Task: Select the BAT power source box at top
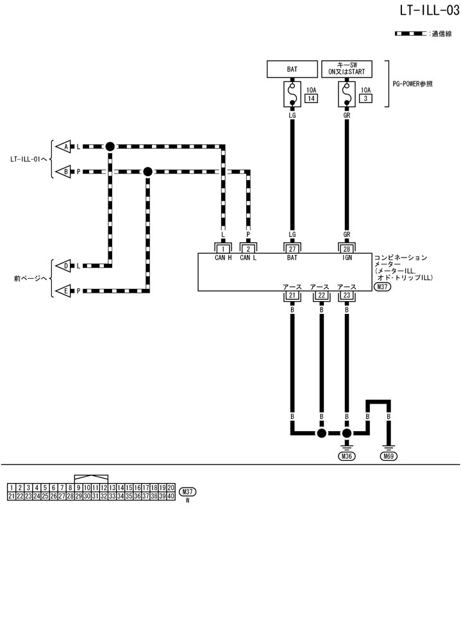pos(292,69)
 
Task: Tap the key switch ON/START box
pos(346,69)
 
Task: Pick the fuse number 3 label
pos(365,99)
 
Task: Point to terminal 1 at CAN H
pos(222,248)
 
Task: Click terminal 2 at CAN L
pos(248,248)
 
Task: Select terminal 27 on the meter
pos(292,248)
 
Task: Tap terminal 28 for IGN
pos(347,248)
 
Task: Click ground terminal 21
pos(292,295)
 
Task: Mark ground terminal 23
pos(347,295)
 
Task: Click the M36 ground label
pos(347,457)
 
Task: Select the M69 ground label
pos(389,457)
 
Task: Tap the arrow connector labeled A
pos(64,147)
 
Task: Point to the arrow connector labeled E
pos(64,290)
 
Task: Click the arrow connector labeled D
pos(64,265)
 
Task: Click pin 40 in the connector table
pos(171,497)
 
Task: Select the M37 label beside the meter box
pos(382,287)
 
